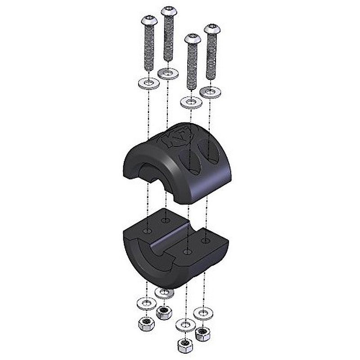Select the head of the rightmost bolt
tap(211, 30)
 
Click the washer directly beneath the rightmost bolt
tap(210, 92)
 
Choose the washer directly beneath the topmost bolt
tap(168, 72)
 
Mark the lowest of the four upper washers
tap(191, 102)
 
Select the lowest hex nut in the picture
tap(183, 345)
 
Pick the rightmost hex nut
tap(202, 333)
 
